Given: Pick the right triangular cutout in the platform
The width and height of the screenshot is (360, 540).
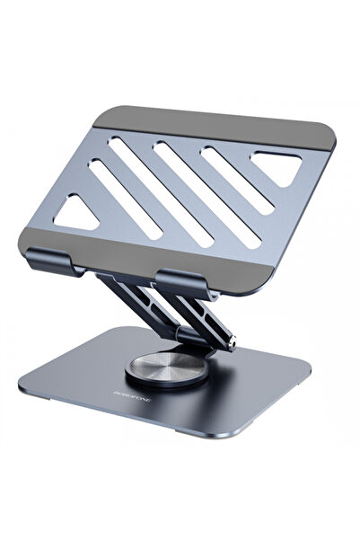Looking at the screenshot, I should click(x=279, y=165).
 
